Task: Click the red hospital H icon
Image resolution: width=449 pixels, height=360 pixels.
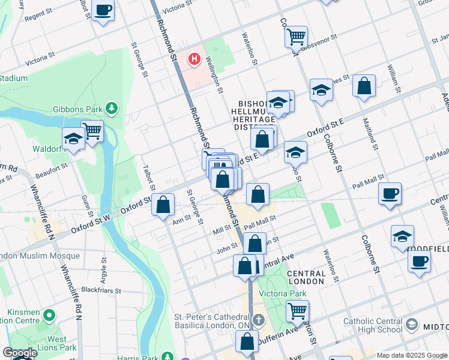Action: [194, 59]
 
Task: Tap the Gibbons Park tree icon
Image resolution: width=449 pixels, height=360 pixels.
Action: [111, 108]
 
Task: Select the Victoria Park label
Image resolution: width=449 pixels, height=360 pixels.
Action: [278, 294]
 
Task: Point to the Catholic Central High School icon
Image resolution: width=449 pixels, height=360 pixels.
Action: [412, 325]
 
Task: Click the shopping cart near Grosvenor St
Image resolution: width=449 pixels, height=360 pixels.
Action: [296, 36]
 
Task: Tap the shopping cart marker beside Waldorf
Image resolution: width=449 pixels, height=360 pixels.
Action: [92, 130]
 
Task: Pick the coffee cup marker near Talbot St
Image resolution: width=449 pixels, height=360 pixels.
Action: [103, 10]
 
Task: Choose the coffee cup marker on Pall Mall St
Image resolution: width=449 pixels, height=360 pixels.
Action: [390, 193]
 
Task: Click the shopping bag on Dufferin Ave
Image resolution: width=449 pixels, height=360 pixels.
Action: [247, 341]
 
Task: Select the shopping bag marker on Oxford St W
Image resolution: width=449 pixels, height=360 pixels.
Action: [163, 204]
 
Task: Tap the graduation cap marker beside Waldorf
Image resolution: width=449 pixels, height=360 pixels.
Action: [73, 138]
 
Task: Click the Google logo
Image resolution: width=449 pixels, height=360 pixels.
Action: [20, 353]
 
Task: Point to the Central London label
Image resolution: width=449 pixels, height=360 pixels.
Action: [306, 277]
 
